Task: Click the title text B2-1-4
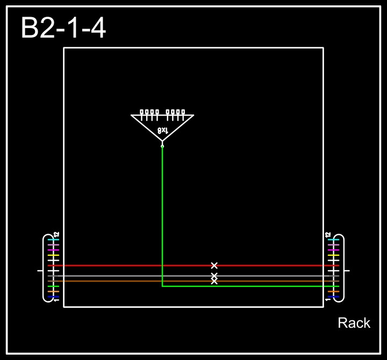click(63, 28)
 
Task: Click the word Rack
click(354, 323)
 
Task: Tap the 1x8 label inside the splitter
click(163, 131)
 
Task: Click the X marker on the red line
click(214, 265)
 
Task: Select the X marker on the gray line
click(214, 276)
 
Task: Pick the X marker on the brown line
click(214, 281)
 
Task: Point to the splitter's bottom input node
click(162, 146)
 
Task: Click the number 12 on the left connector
click(56, 235)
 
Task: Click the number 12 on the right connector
click(328, 235)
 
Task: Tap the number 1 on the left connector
click(56, 299)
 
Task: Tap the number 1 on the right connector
click(328, 299)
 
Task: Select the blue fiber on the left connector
click(53, 297)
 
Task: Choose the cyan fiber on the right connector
click(334, 240)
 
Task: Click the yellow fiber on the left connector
click(53, 255)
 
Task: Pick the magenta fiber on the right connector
click(334, 250)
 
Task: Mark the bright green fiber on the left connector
click(53, 286)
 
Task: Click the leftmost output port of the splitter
click(142, 112)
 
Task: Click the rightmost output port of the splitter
click(183, 112)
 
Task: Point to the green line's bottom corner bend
click(162, 286)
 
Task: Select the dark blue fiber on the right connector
click(334, 297)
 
